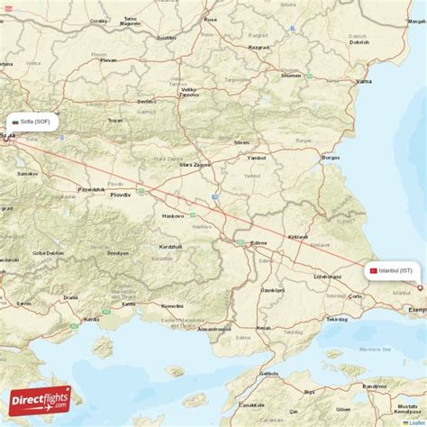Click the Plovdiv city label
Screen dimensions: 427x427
coord(120,195)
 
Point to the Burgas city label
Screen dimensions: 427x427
coord(331,158)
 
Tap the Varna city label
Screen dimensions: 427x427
coord(363,81)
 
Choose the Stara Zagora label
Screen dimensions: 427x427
coord(195,166)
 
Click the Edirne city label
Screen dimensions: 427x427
coord(259,242)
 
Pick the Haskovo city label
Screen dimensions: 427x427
coord(172,216)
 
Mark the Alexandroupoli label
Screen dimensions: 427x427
coord(213,329)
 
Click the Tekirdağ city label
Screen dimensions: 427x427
coord(337,319)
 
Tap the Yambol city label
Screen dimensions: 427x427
coord(257,157)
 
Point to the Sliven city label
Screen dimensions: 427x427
coord(241,142)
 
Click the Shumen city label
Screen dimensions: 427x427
coord(291,76)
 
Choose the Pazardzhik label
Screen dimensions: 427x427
coord(91,189)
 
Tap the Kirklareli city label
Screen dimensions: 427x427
coord(297,237)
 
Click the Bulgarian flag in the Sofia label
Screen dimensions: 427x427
coord(14,122)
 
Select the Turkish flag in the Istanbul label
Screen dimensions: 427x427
coord(373,270)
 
